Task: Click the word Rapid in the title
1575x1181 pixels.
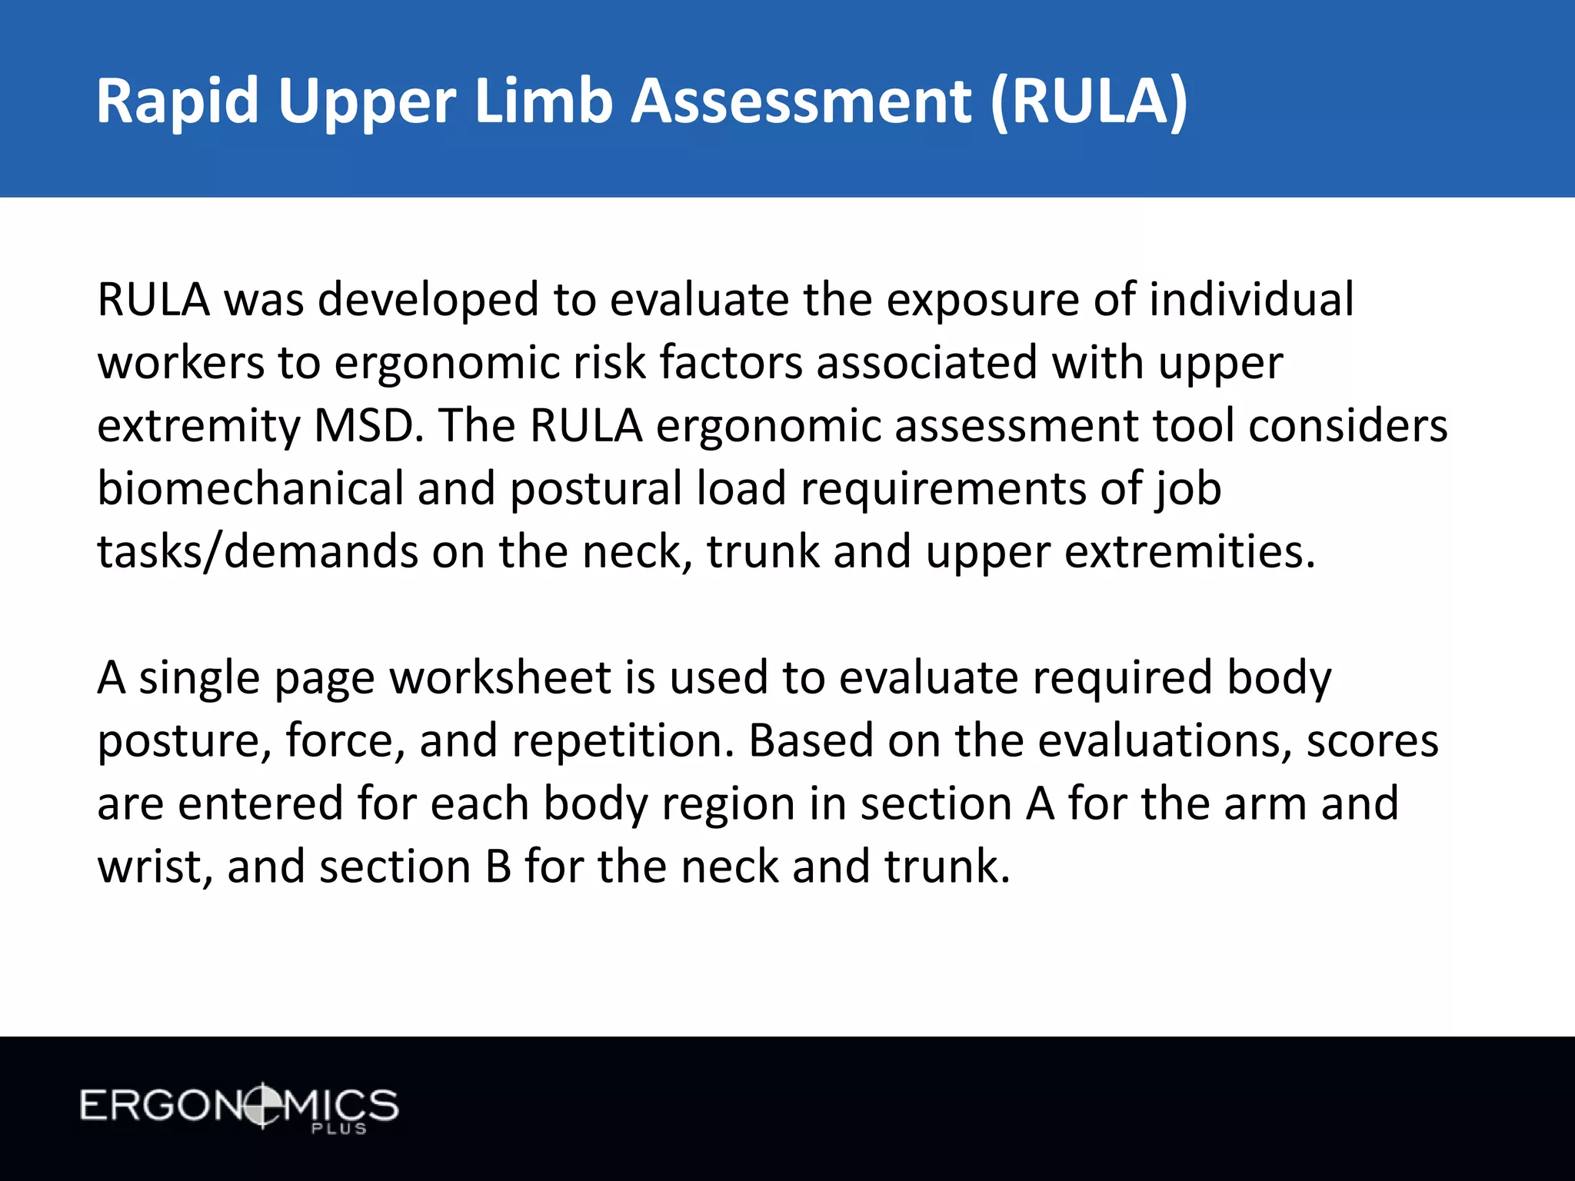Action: pos(178,101)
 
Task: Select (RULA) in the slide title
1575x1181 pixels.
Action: pos(1088,101)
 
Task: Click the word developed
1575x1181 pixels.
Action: pos(428,300)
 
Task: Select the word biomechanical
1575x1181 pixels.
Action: pos(251,489)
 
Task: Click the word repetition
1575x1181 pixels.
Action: pos(623,741)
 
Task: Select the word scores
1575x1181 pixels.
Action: pos(1372,741)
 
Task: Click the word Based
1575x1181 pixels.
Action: pos(811,741)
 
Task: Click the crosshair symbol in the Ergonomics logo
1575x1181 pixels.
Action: pos(262,1106)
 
